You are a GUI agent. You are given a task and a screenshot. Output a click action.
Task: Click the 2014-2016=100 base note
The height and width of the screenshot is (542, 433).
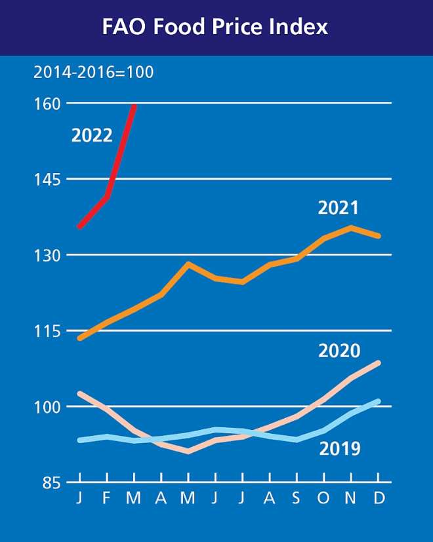[x=94, y=71]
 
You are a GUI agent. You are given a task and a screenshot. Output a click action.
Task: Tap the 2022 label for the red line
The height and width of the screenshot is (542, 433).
[x=92, y=136]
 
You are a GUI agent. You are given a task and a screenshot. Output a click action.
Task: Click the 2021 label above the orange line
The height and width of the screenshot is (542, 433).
[x=339, y=208]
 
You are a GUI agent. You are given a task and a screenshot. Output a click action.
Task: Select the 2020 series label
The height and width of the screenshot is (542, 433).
[x=339, y=351]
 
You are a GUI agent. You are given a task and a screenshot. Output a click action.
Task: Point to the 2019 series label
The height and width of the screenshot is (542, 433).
[x=339, y=448]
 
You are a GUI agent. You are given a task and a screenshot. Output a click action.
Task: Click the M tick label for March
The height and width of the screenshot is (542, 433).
[x=134, y=498]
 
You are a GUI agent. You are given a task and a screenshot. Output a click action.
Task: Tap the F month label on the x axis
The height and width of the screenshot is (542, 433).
[x=106, y=498]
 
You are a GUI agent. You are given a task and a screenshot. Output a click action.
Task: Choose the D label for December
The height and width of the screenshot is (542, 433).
[x=379, y=498]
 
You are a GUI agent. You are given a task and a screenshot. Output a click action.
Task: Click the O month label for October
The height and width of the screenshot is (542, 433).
[x=323, y=498]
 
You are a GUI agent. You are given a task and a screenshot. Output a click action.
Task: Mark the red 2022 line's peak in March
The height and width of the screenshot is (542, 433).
[x=134, y=106]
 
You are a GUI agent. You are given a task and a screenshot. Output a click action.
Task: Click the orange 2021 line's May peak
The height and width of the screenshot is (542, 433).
[x=188, y=264]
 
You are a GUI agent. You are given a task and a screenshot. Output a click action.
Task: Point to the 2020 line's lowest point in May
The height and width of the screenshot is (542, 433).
[x=188, y=452]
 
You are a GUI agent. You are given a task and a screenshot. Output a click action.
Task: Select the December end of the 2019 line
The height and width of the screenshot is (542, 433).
[x=378, y=401]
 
